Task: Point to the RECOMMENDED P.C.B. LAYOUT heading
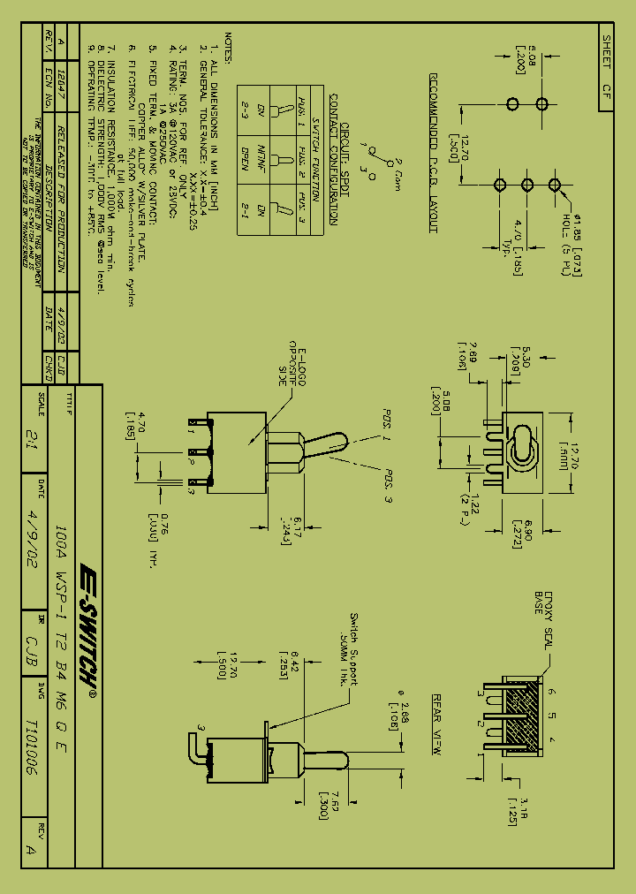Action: point(435,153)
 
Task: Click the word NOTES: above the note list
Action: point(227,48)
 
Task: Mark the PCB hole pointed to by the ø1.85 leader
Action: point(556,184)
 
